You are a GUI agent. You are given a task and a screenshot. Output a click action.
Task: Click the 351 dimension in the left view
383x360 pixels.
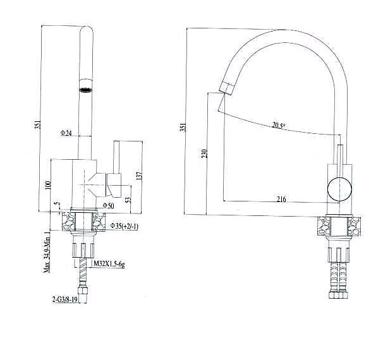37,125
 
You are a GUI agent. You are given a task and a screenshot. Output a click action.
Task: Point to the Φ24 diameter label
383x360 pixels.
66,133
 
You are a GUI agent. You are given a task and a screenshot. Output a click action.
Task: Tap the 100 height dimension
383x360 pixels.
47,185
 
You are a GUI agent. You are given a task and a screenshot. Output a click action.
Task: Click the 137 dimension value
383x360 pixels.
139,174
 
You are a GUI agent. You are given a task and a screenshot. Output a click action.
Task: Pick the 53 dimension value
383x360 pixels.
128,200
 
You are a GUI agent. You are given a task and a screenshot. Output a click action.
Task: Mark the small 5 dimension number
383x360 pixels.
57,203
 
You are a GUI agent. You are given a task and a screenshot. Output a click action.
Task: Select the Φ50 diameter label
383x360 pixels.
108,206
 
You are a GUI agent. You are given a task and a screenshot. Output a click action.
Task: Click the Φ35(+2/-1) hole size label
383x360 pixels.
125,226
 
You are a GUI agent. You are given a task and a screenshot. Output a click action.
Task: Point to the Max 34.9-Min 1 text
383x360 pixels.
47,252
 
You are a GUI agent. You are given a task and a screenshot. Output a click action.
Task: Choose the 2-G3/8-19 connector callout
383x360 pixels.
65,299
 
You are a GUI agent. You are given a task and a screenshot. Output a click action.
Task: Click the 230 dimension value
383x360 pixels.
204,153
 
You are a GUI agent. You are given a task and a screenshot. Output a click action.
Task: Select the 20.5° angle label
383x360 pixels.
279,126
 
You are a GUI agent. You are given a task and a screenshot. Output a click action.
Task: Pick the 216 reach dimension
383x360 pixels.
281,200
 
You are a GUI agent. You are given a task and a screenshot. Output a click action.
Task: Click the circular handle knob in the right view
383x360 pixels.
339,189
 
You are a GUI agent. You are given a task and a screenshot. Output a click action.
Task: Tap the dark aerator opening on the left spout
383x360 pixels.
85,90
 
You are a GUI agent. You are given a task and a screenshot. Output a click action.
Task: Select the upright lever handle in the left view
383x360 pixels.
116,157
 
